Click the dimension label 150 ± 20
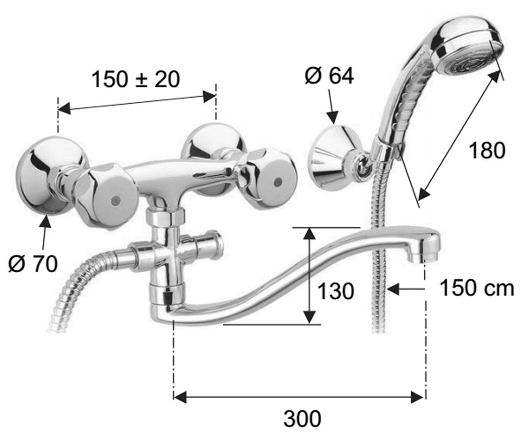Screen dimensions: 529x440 click(136, 79)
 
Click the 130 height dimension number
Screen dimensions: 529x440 click(335, 291)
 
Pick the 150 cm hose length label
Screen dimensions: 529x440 click(477, 288)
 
